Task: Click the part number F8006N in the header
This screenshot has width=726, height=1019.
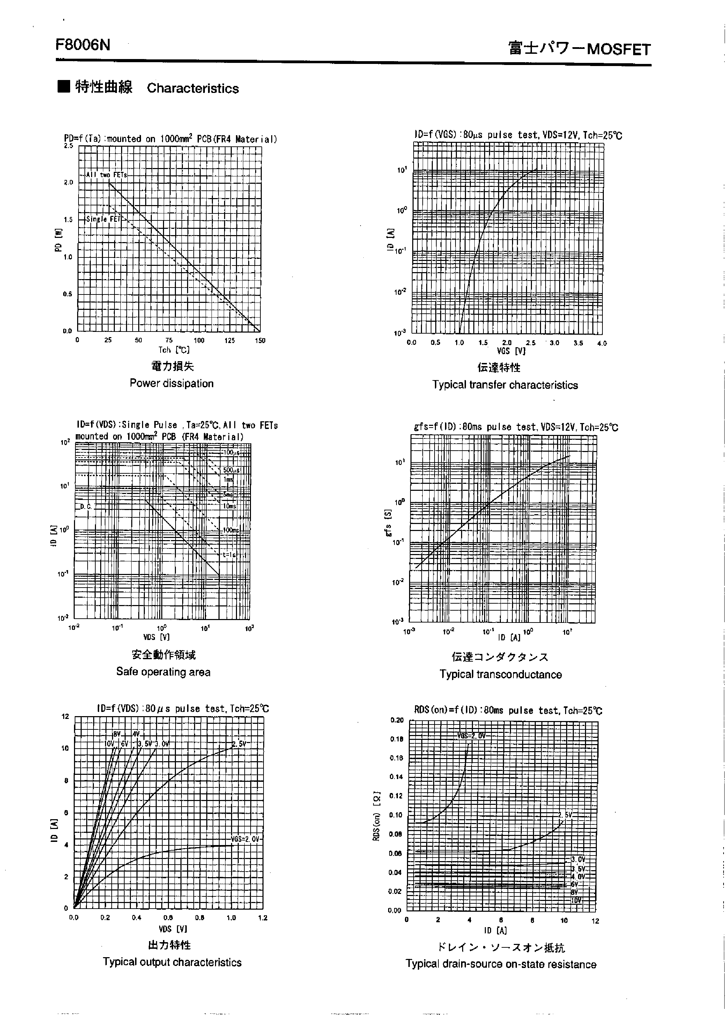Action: (x=83, y=45)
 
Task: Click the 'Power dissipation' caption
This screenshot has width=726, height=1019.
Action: (x=172, y=383)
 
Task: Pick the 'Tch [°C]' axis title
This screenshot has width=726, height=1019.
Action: (x=174, y=350)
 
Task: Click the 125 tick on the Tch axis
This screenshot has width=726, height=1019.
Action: (x=229, y=340)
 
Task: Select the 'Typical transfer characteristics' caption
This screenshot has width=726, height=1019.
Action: (x=505, y=385)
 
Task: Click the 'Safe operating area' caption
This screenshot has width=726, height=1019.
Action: (x=163, y=672)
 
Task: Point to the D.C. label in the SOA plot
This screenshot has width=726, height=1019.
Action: (x=86, y=507)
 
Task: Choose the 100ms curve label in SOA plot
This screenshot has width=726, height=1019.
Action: (x=231, y=530)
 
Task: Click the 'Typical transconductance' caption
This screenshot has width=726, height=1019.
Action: (x=500, y=675)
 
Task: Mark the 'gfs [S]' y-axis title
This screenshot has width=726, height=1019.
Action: (x=388, y=523)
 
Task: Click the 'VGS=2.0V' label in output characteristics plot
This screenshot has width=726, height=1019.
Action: (x=245, y=839)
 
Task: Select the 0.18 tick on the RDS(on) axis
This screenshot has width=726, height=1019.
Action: (x=397, y=739)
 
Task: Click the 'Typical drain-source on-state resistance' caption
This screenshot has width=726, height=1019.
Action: (x=501, y=964)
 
